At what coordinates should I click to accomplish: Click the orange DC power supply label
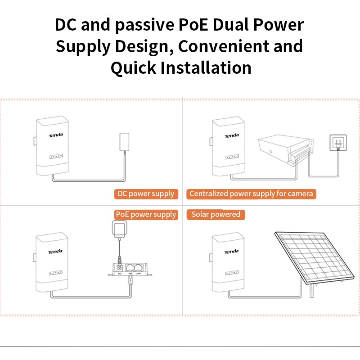[145, 194]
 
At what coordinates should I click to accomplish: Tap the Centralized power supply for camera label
[251, 194]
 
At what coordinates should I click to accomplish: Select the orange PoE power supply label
[146, 215]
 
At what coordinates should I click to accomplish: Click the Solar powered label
[216, 215]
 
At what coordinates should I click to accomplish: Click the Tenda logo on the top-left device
[56, 135]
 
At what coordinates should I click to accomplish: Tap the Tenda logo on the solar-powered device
[232, 252]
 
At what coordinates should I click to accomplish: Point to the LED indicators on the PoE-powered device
[56, 273]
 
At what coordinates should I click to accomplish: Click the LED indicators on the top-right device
[232, 157]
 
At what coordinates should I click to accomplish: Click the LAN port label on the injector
[138, 273]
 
